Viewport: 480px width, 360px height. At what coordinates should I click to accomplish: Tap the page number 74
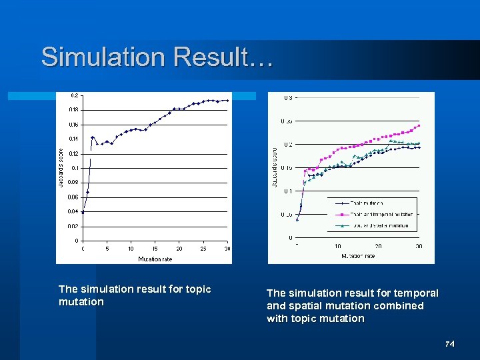450,344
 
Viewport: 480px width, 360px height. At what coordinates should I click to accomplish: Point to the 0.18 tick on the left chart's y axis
73,109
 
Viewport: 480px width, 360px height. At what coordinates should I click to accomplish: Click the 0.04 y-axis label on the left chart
73,211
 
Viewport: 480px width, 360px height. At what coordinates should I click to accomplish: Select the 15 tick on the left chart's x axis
155,249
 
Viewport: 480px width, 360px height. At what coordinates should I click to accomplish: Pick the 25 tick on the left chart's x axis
203,249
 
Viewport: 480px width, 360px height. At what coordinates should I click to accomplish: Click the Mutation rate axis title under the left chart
155,259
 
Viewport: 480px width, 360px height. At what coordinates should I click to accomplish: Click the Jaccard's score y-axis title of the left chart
61,167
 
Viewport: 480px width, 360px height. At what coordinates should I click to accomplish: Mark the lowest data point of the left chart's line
83,213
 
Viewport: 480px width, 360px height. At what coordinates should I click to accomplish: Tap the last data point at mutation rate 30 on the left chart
227,101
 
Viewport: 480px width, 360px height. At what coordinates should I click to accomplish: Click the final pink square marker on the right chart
419,125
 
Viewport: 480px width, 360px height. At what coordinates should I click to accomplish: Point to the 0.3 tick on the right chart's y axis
287,98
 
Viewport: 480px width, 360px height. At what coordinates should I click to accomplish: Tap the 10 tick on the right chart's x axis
337,246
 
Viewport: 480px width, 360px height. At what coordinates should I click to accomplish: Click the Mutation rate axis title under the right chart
359,256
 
